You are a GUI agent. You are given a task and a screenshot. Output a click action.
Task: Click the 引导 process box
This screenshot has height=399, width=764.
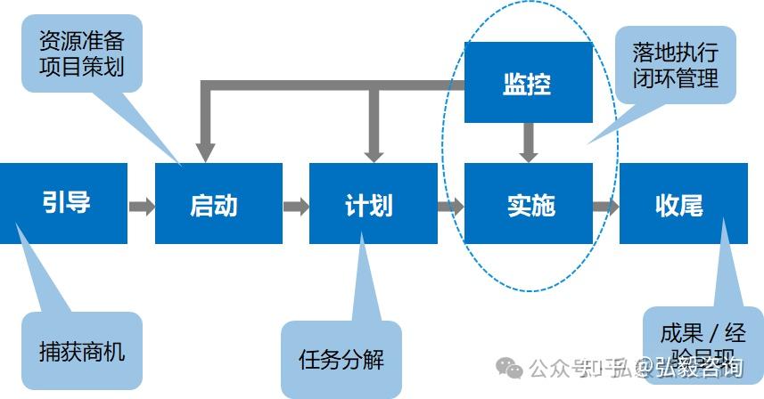[x=64, y=203]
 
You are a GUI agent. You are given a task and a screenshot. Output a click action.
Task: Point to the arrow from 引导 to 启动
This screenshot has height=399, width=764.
[x=142, y=207]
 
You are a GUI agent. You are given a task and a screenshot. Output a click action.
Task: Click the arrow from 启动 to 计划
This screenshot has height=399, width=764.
[x=296, y=207]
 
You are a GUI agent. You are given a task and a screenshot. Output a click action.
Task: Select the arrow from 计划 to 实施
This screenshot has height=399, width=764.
[x=451, y=207]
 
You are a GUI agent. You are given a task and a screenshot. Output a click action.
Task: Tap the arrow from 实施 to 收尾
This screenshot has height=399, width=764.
[x=606, y=207]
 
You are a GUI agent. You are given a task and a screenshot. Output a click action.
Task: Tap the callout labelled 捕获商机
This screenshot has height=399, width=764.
[x=82, y=350]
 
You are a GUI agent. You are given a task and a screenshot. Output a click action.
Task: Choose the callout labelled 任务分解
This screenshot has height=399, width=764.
[x=341, y=359]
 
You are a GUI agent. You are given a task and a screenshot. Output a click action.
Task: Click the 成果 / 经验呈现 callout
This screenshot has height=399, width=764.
[x=702, y=346]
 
